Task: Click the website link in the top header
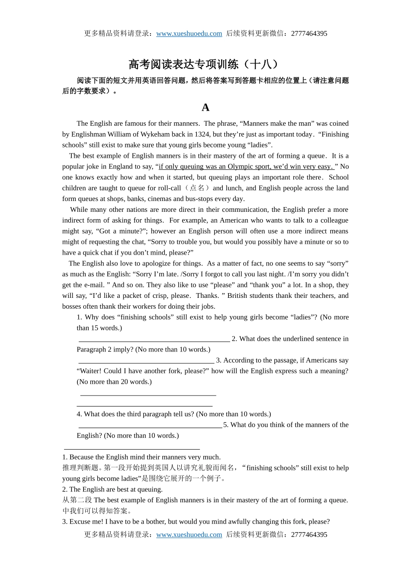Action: point(189,34)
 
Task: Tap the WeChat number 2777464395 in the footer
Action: point(309,535)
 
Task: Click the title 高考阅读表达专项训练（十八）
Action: point(205,64)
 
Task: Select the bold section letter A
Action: point(205,107)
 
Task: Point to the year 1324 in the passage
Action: point(202,134)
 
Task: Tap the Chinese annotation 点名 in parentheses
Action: point(197,188)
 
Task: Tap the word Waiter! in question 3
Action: point(89,371)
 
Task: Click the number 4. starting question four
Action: point(80,414)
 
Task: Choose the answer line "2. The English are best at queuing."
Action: point(112,489)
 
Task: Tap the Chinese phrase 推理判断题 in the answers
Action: point(80,468)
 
